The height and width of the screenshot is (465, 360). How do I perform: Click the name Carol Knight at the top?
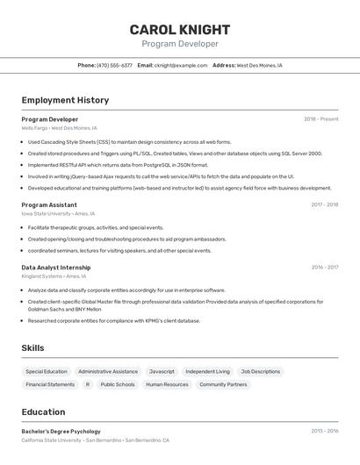pos(179,29)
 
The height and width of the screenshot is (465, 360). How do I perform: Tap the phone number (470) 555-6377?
pos(114,65)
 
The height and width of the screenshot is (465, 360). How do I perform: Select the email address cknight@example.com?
pos(181,65)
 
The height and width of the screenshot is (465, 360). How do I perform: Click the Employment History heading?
pos(65,100)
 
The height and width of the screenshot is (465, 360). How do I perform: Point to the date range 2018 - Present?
pos(320,118)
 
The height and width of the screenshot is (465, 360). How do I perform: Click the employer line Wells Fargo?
pos(59,128)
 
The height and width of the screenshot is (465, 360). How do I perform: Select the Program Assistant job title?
pos(49,204)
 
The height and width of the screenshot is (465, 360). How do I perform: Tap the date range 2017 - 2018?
pos(324,204)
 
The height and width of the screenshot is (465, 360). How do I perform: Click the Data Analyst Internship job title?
pos(56,267)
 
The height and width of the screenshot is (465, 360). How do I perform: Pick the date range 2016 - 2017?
pos(324,267)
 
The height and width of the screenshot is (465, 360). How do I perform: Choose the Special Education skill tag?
pos(47,371)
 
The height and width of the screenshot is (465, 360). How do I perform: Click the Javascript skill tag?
pos(162,371)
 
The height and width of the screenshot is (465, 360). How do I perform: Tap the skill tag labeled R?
pos(88,384)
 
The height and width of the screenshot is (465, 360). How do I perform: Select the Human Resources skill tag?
pos(167,384)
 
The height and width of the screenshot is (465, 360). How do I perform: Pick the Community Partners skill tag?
pos(223,384)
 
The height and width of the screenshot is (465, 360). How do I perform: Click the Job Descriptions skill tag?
pos(261,371)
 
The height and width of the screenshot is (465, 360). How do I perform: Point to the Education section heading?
pos(43,411)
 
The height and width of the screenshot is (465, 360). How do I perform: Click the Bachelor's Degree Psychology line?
pos(61,431)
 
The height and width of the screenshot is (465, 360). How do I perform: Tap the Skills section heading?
pos(32,347)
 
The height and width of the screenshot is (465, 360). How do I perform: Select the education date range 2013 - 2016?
pos(324,431)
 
